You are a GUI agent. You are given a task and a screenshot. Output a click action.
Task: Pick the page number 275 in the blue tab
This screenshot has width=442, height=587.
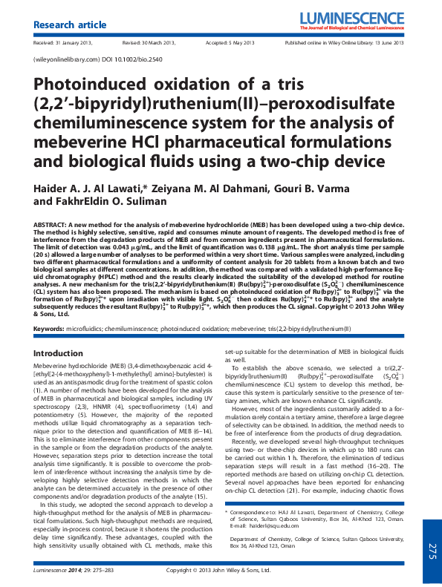(432, 550)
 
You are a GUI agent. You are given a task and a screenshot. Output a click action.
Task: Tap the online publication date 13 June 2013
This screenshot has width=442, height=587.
(389, 42)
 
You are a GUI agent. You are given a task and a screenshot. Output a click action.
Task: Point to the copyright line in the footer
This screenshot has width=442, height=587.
(220, 571)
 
